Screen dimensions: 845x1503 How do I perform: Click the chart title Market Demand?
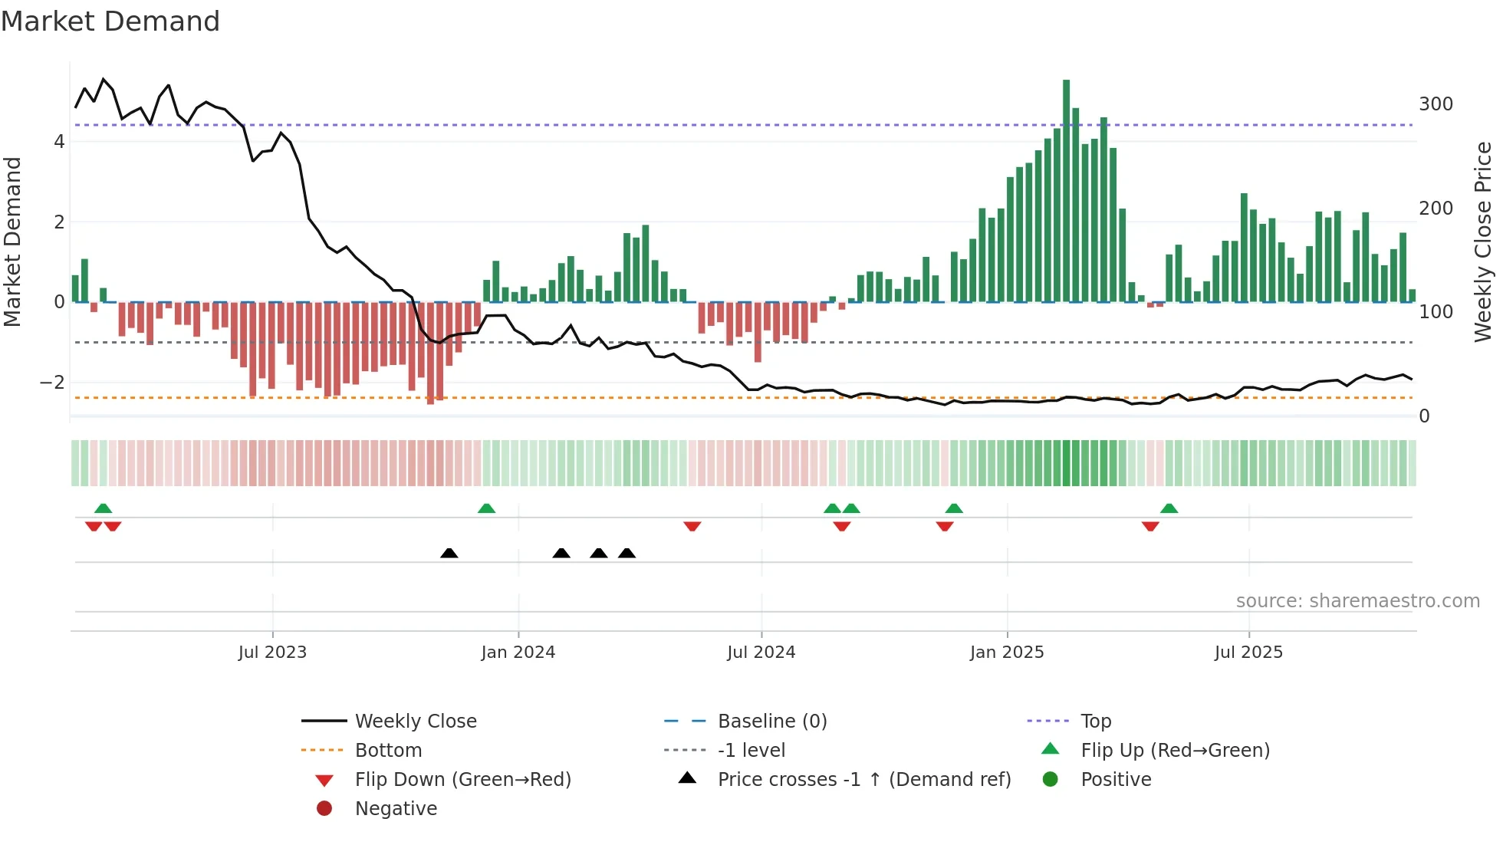[x=110, y=21]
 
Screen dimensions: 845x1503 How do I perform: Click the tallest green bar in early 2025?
[x=1066, y=192]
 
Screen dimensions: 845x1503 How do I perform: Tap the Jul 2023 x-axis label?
[x=272, y=653]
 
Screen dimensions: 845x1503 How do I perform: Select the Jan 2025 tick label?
[x=1006, y=653]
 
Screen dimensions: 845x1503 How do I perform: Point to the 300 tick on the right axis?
[x=1436, y=104]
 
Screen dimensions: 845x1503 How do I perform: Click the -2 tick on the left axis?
[x=52, y=382]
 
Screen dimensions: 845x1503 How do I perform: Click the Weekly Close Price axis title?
[x=1483, y=242]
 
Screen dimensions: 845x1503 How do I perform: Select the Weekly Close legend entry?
[x=415, y=722]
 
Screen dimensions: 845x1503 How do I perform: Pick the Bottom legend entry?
[x=388, y=751]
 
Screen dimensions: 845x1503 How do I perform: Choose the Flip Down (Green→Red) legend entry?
[x=462, y=780]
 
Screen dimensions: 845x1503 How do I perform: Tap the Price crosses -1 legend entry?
[x=863, y=780]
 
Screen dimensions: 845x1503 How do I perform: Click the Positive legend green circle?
[x=1051, y=780]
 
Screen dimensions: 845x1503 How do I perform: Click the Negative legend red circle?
[x=324, y=809]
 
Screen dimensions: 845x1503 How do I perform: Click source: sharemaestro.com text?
[x=1357, y=601]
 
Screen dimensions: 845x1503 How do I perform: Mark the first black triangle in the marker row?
[x=449, y=554]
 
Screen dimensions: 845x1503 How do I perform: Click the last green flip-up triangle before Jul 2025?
[x=1169, y=508]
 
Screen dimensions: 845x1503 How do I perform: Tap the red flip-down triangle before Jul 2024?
[x=692, y=526]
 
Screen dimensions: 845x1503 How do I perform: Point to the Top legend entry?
[x=1095, y=722]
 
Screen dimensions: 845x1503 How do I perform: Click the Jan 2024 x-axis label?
[x=518, y=653]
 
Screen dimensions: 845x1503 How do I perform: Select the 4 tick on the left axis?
[x=59, y=142]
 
